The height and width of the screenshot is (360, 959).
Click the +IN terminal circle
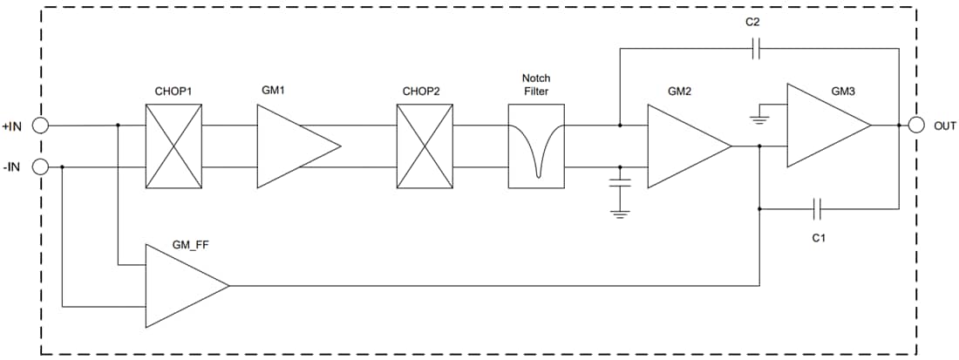pos(40,126)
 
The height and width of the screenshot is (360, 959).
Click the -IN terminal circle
pos(40,166)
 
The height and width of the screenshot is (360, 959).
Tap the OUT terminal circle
pos(916,126)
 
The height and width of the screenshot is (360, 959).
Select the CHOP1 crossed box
pos(173,146)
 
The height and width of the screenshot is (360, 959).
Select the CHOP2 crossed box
pos(425,146)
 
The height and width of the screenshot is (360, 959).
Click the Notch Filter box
pos(536,146)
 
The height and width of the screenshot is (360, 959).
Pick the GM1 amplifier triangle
pos(292,146)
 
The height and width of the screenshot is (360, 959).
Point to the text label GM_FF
pos(192,247)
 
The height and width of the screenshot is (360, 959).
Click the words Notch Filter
pos(536,85)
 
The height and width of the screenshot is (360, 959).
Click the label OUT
pos(945,126)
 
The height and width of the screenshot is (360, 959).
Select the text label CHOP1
pos(173,91)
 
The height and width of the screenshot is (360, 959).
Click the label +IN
pos(12,126)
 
